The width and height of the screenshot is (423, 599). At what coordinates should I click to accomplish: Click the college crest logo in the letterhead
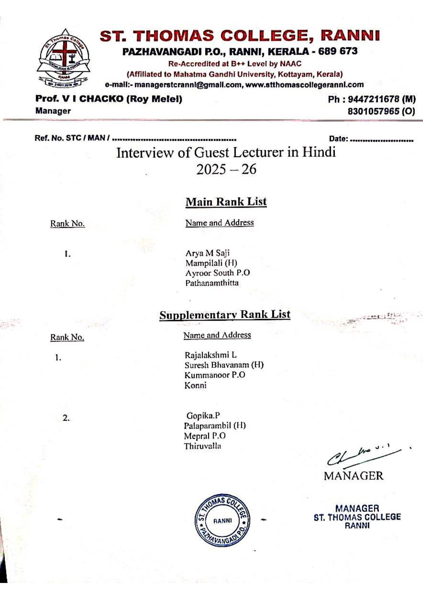click(x=63, y=58)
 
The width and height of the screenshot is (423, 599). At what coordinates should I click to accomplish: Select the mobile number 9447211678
click(x=373, y=99)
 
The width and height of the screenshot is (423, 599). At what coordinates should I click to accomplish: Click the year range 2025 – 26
click(x=226, y=169)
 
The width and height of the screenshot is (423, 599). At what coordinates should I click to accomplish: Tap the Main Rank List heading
click(x=226, y=202)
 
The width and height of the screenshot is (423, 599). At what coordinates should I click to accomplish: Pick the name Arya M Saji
click(x=207, y=253)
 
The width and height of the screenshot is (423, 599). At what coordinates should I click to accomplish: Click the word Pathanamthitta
click(x=212, y=283)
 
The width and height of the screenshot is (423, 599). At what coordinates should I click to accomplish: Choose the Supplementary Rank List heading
click(x=225, y=315)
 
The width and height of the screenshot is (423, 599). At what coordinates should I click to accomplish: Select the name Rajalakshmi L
click(x=210, y=355)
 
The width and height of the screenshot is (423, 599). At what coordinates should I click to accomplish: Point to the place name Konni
click(x=195, y=386)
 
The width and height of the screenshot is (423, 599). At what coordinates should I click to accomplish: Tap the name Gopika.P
click(x=203, y=416)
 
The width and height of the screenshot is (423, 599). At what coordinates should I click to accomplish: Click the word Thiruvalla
click(x=202, y=446)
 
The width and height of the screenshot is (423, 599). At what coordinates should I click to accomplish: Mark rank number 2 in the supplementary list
click(x=66, y=418)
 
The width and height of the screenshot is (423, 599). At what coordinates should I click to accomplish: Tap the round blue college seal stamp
click(x=223, y=520)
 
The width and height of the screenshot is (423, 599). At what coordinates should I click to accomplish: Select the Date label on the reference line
click(x=338, y=139)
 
